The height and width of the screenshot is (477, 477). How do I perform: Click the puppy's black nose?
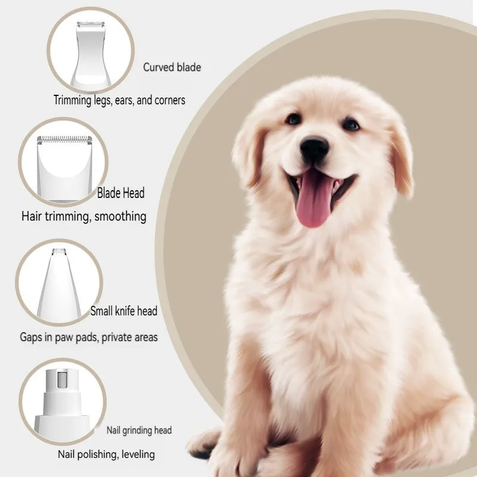pos(314,148)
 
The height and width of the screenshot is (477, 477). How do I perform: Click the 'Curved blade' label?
pos(172,67)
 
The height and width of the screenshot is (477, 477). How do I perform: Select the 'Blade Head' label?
pos(121,193)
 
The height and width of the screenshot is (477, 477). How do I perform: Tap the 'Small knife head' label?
pos(124,311)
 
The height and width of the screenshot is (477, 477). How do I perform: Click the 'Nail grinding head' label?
pos(139,430)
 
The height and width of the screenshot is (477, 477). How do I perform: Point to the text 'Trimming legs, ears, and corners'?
pos(119,100)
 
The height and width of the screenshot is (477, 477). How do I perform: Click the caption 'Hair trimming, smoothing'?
pos(83,216)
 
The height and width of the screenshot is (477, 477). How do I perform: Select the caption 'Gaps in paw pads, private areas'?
pos(89,337)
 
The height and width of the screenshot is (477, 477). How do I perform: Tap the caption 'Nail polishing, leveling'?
pos(106,454)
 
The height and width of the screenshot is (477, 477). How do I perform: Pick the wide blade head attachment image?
pos(64,168)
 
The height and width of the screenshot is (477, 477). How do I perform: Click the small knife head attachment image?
pos(59,285)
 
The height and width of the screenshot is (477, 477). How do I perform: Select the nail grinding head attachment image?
pos(63,405)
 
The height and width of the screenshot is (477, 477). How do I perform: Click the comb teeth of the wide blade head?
pos(64,140)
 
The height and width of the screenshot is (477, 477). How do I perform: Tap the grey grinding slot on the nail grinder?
pos(63,379)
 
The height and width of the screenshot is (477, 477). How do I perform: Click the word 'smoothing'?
pos(120,216)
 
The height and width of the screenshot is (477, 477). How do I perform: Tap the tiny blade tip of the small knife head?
pos(59,251)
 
